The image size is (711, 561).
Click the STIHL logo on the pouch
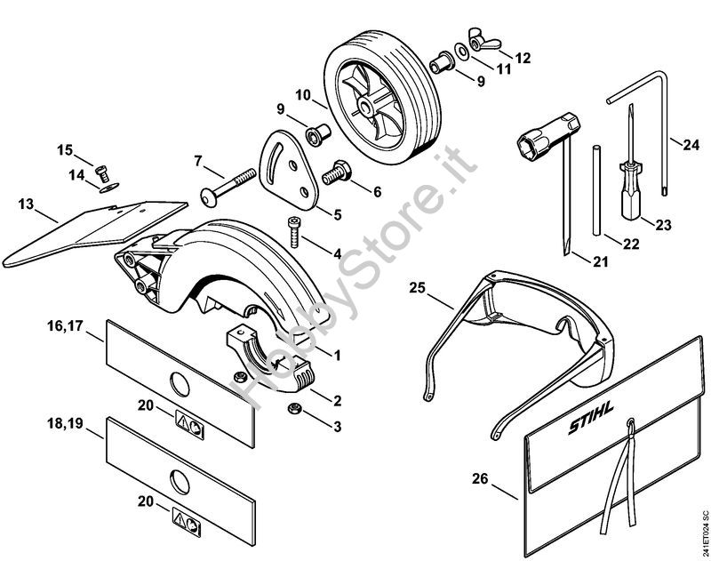coord(591,418)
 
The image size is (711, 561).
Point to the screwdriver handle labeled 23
coord(631,190)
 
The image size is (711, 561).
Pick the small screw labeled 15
coord(103,172)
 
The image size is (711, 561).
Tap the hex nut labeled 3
coord(293,408)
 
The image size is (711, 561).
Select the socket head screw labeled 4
coord(293,232)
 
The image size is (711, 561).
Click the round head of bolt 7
coord(208,198)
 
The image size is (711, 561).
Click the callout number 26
coord(480,478)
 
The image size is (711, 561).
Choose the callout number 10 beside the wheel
coord(303,95)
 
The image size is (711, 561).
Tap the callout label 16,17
coord(66,325)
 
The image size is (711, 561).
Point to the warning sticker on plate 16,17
coord(189,424)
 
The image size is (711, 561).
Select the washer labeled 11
coord(463,51)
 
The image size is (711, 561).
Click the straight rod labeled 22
coord(596,189)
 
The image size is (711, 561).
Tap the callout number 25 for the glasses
coord(418,287)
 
